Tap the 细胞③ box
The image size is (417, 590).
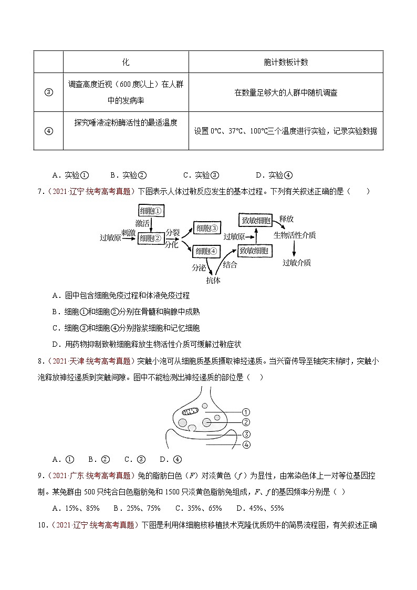point(207,228)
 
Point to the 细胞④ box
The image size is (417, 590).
point(207,252)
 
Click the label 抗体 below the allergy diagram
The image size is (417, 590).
point(213,280)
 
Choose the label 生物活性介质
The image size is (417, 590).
point(295,235)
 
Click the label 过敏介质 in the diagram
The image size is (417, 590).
point(297,263)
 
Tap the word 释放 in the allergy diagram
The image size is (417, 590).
point(287,218)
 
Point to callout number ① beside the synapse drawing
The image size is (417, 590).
point(246,412)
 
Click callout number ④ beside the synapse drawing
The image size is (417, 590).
point(246,444)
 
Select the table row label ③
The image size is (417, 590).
point(48,92)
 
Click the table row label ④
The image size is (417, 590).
point(48,131)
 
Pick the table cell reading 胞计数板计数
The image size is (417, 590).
point(286,62)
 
